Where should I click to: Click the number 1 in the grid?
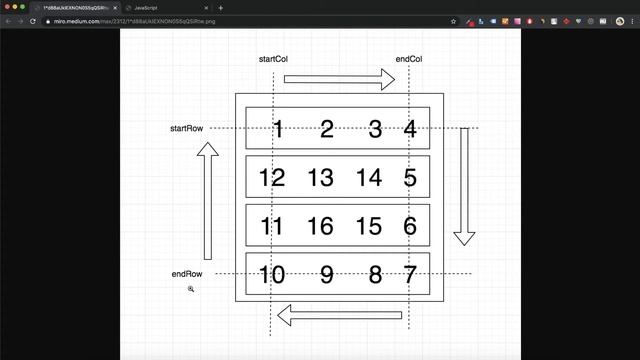[278, 129]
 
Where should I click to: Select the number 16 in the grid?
[320, 227]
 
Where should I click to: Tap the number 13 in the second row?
[320, 179]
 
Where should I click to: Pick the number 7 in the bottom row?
[409, 275]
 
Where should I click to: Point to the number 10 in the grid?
[272, 275]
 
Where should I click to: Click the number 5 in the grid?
[410, 179]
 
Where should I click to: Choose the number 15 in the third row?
[369, 227]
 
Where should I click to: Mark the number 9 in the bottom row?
[326, 275]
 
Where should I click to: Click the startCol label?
[274, 60]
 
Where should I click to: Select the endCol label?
[409, 60]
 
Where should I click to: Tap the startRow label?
[187, 128]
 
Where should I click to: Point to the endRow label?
[187, 274]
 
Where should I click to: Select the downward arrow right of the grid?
[464, 186]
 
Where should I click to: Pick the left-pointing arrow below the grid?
[339, 316]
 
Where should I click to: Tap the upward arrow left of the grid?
[208, 200]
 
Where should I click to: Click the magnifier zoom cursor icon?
[190, 289]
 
